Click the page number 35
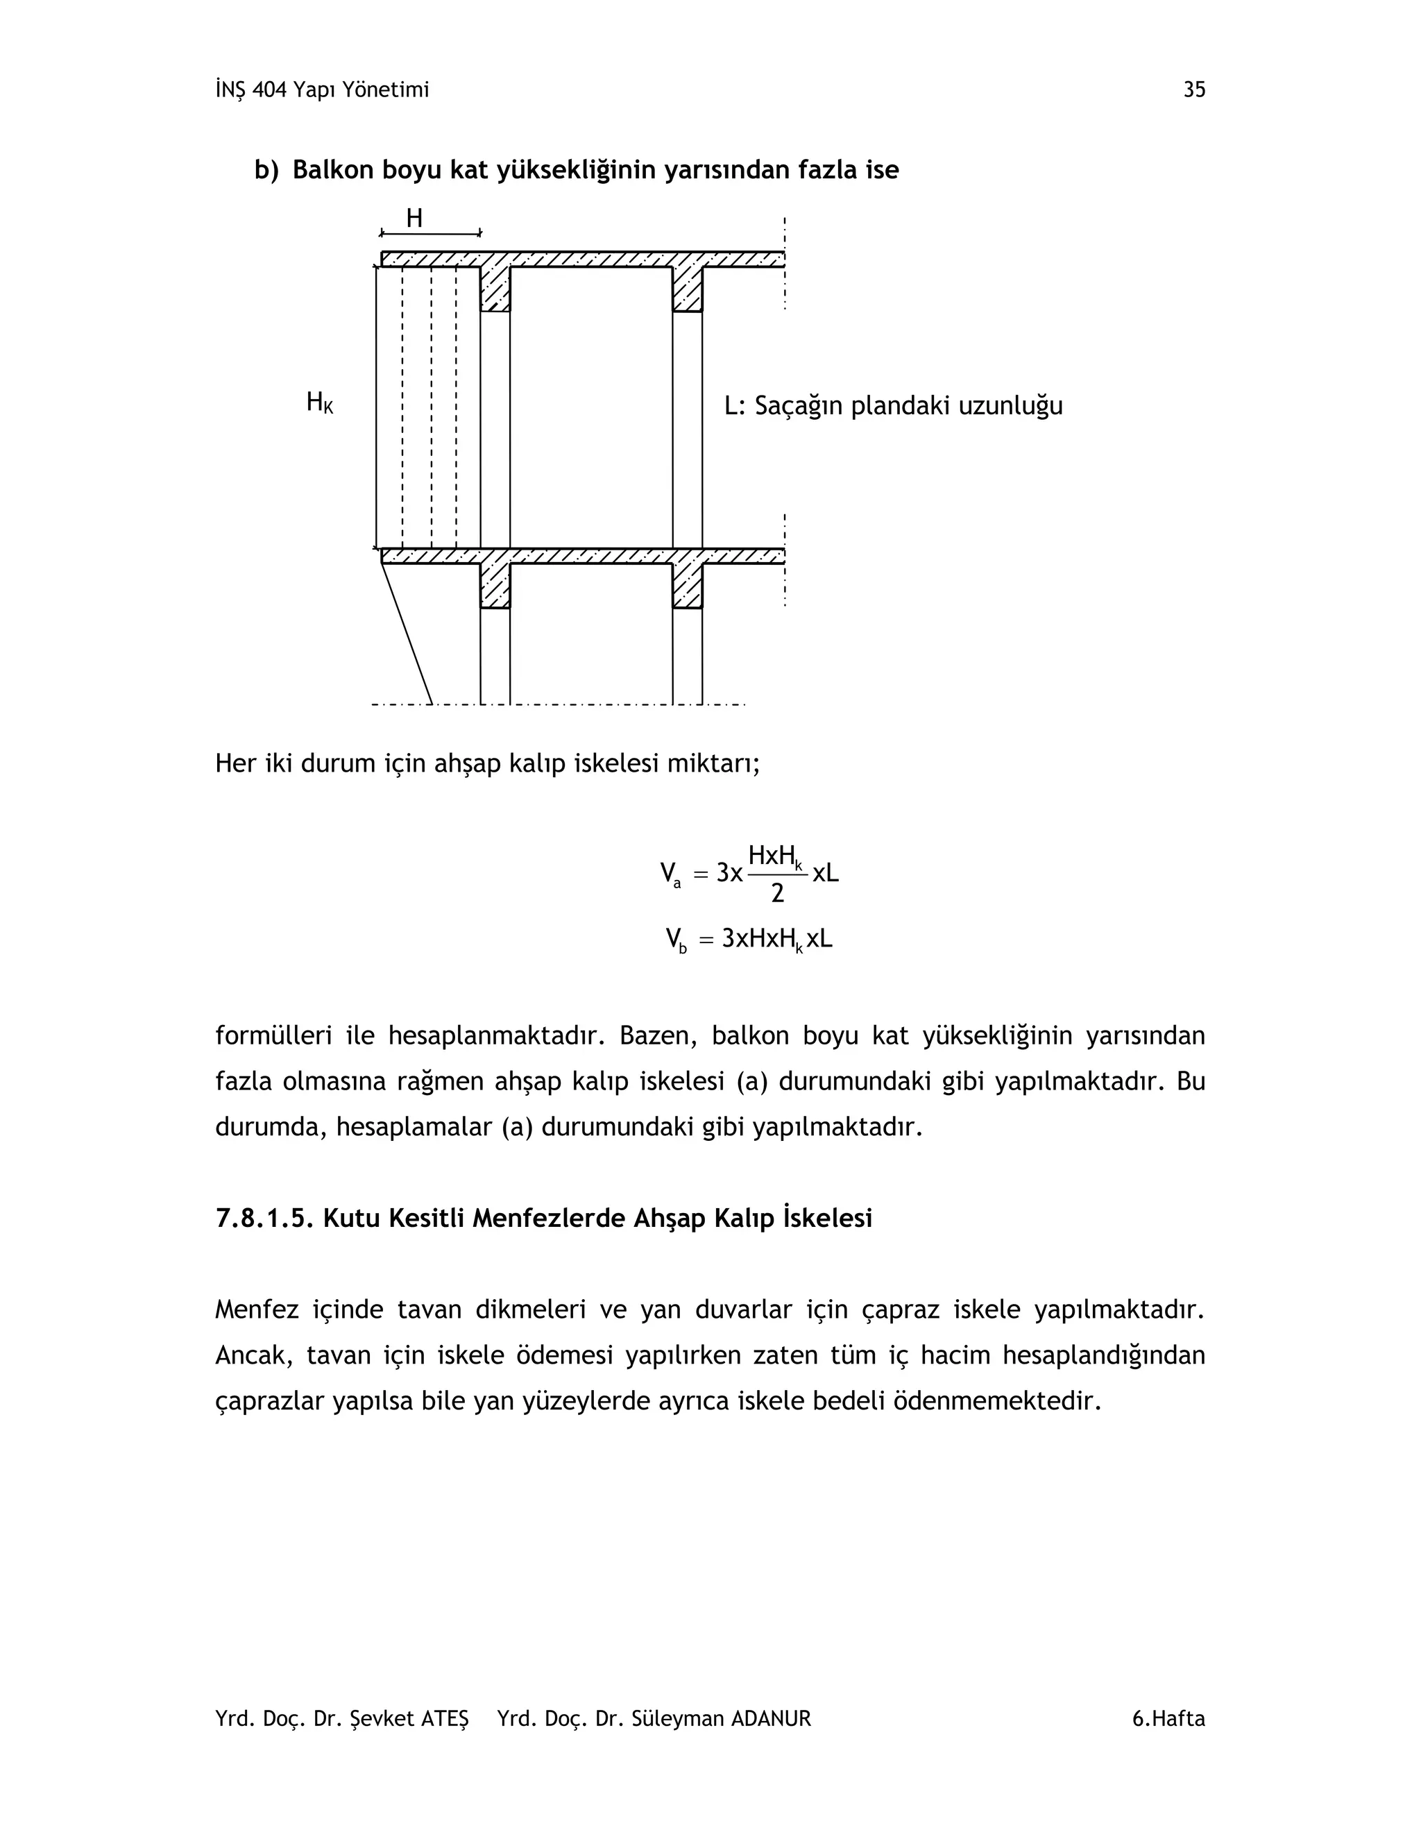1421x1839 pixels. (x=1193, y=90)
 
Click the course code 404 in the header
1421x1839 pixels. (x=269, y=90)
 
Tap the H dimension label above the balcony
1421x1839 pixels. (x=414, y=219)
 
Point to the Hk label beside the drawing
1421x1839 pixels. (x=319, y=403)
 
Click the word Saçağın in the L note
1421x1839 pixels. (x=798, y=407)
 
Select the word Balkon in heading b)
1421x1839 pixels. (x=332, y=170)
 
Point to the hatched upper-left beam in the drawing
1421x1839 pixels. (x=495, y=289)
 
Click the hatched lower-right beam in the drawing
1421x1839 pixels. (x=687, y=585)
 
